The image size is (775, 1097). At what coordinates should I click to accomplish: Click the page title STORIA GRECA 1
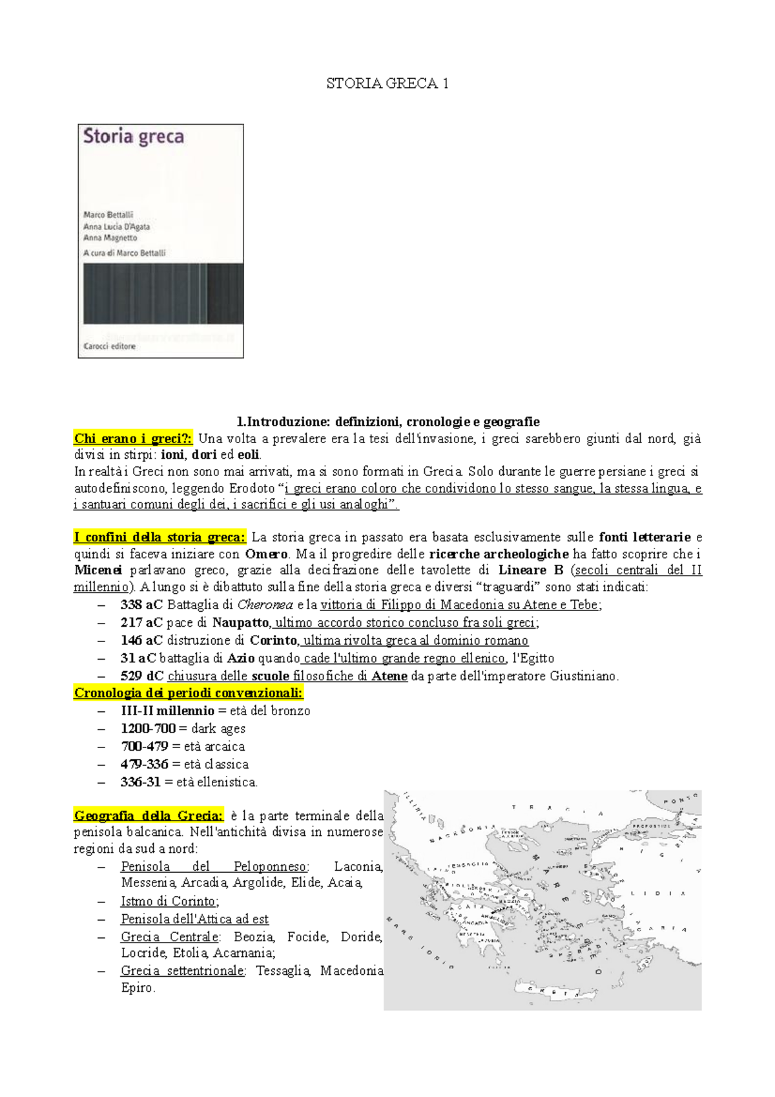[387, 83]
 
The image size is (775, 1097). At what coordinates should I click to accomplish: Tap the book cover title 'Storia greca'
[134, 137]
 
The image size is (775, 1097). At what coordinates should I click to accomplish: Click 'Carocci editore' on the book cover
[110, 346]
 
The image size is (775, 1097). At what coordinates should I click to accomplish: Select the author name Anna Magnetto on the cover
[110, 238]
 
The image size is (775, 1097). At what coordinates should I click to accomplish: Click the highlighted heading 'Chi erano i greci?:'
[133, 439]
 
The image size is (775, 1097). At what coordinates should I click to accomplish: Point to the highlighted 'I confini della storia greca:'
[160, 537]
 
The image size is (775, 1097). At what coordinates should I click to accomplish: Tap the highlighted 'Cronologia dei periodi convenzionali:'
[188, 693]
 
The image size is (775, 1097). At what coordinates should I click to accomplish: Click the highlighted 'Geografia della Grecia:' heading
[149, 815]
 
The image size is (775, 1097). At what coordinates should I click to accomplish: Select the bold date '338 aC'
[141, 605]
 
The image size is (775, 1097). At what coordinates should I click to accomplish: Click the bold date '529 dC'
[141, 676]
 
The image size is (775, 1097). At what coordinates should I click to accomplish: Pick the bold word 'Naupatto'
[240, 623]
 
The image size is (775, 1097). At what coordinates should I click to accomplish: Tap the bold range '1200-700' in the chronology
[148, 728]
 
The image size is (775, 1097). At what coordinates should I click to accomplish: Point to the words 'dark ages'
[218, 728]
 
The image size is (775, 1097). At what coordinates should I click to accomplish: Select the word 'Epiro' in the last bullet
[138, 987]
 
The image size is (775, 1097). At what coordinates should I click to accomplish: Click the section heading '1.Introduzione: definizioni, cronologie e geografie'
[387, 422]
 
